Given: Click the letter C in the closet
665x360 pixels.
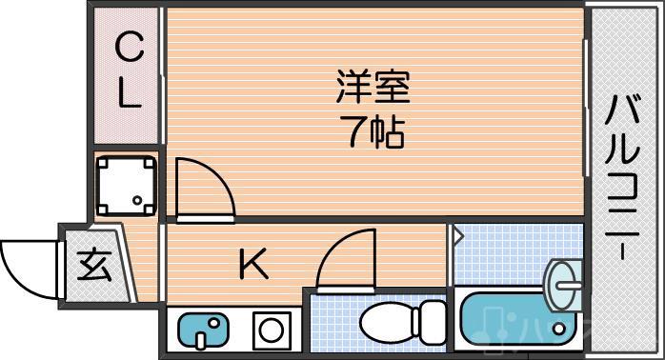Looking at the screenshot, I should [x=130, y=46].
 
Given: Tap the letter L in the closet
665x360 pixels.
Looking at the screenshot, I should [x=130, y=92].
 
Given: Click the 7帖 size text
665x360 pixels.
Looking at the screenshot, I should [x=373, y=132].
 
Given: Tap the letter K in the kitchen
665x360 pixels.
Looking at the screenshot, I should [x=252, y=265].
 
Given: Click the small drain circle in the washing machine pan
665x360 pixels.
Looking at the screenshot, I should [x=138, y=201].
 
